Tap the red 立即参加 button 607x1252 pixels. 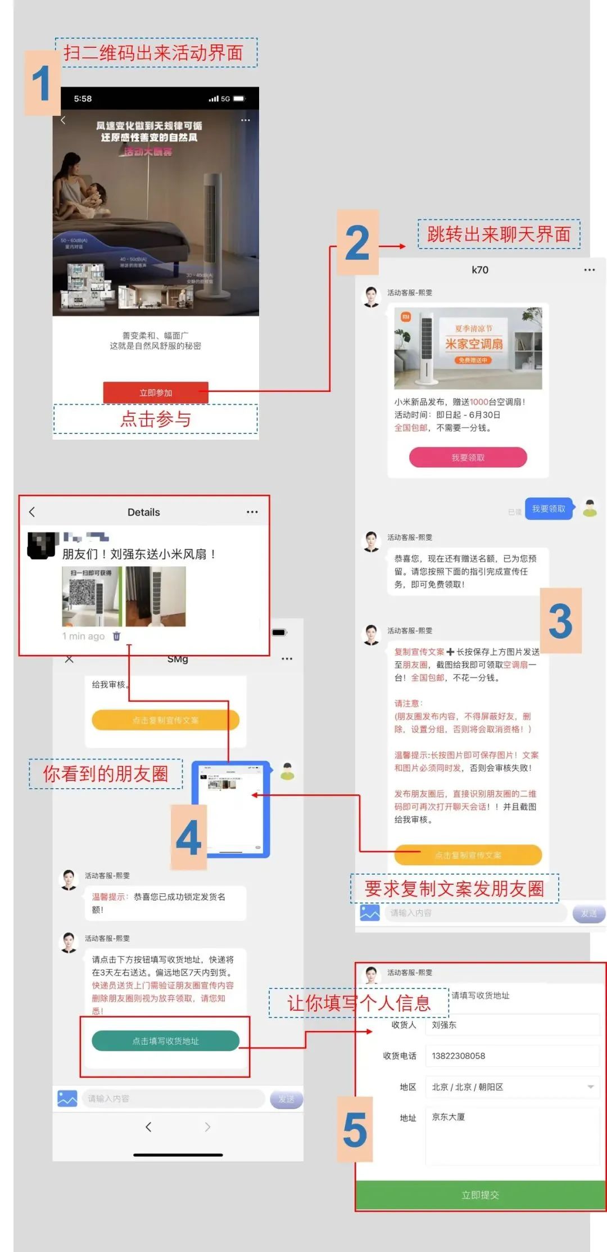coord(156,392)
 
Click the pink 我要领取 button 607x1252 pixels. coord(468,458)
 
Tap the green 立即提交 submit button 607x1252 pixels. coord(480,1195)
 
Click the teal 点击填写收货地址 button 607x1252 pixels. coord(165,1041)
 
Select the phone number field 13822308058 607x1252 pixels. coord(511,1056)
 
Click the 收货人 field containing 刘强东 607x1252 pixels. coord(511,1025)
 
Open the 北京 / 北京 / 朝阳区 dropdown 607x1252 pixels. coord(511,1087)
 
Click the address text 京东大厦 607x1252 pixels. coord(449,1117)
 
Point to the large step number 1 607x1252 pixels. coord(42,83)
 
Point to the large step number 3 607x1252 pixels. coord(560,621)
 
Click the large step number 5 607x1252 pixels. coord(355,1129)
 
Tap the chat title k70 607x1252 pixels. coord(480,270)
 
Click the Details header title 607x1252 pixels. coord(143,512)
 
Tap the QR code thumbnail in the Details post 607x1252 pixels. coord(91,596)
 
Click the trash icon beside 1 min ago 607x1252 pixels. coord(116,636)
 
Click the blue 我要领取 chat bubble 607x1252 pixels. coord(549,509)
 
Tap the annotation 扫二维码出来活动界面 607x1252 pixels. coord(153,53)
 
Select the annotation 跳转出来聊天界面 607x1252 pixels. coord(499,234)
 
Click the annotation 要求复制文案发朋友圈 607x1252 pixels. coord(454,888)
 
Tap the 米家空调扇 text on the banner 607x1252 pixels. coord(474,343)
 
